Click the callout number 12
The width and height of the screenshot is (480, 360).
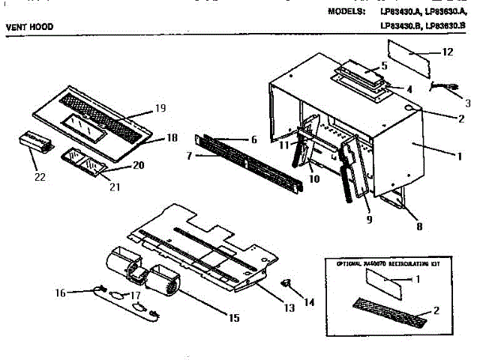click(x=448, y=52)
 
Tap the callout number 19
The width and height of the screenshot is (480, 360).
click(x=160, y=109)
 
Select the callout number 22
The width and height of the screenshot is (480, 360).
click(x=39, y=178)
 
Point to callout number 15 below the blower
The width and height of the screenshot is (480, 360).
click(x=234, y=318)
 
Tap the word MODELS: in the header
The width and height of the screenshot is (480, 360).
click(x=347, y=12)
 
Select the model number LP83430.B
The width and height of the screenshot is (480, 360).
click(x=401, y=27)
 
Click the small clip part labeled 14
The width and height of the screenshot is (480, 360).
click(x=286, y=283)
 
